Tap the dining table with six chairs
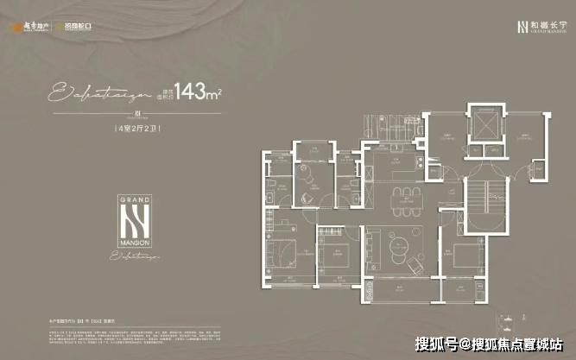pyautogui.click(x=402, y=191)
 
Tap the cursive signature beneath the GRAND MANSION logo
pyautogui.click(x=138, y=256)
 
